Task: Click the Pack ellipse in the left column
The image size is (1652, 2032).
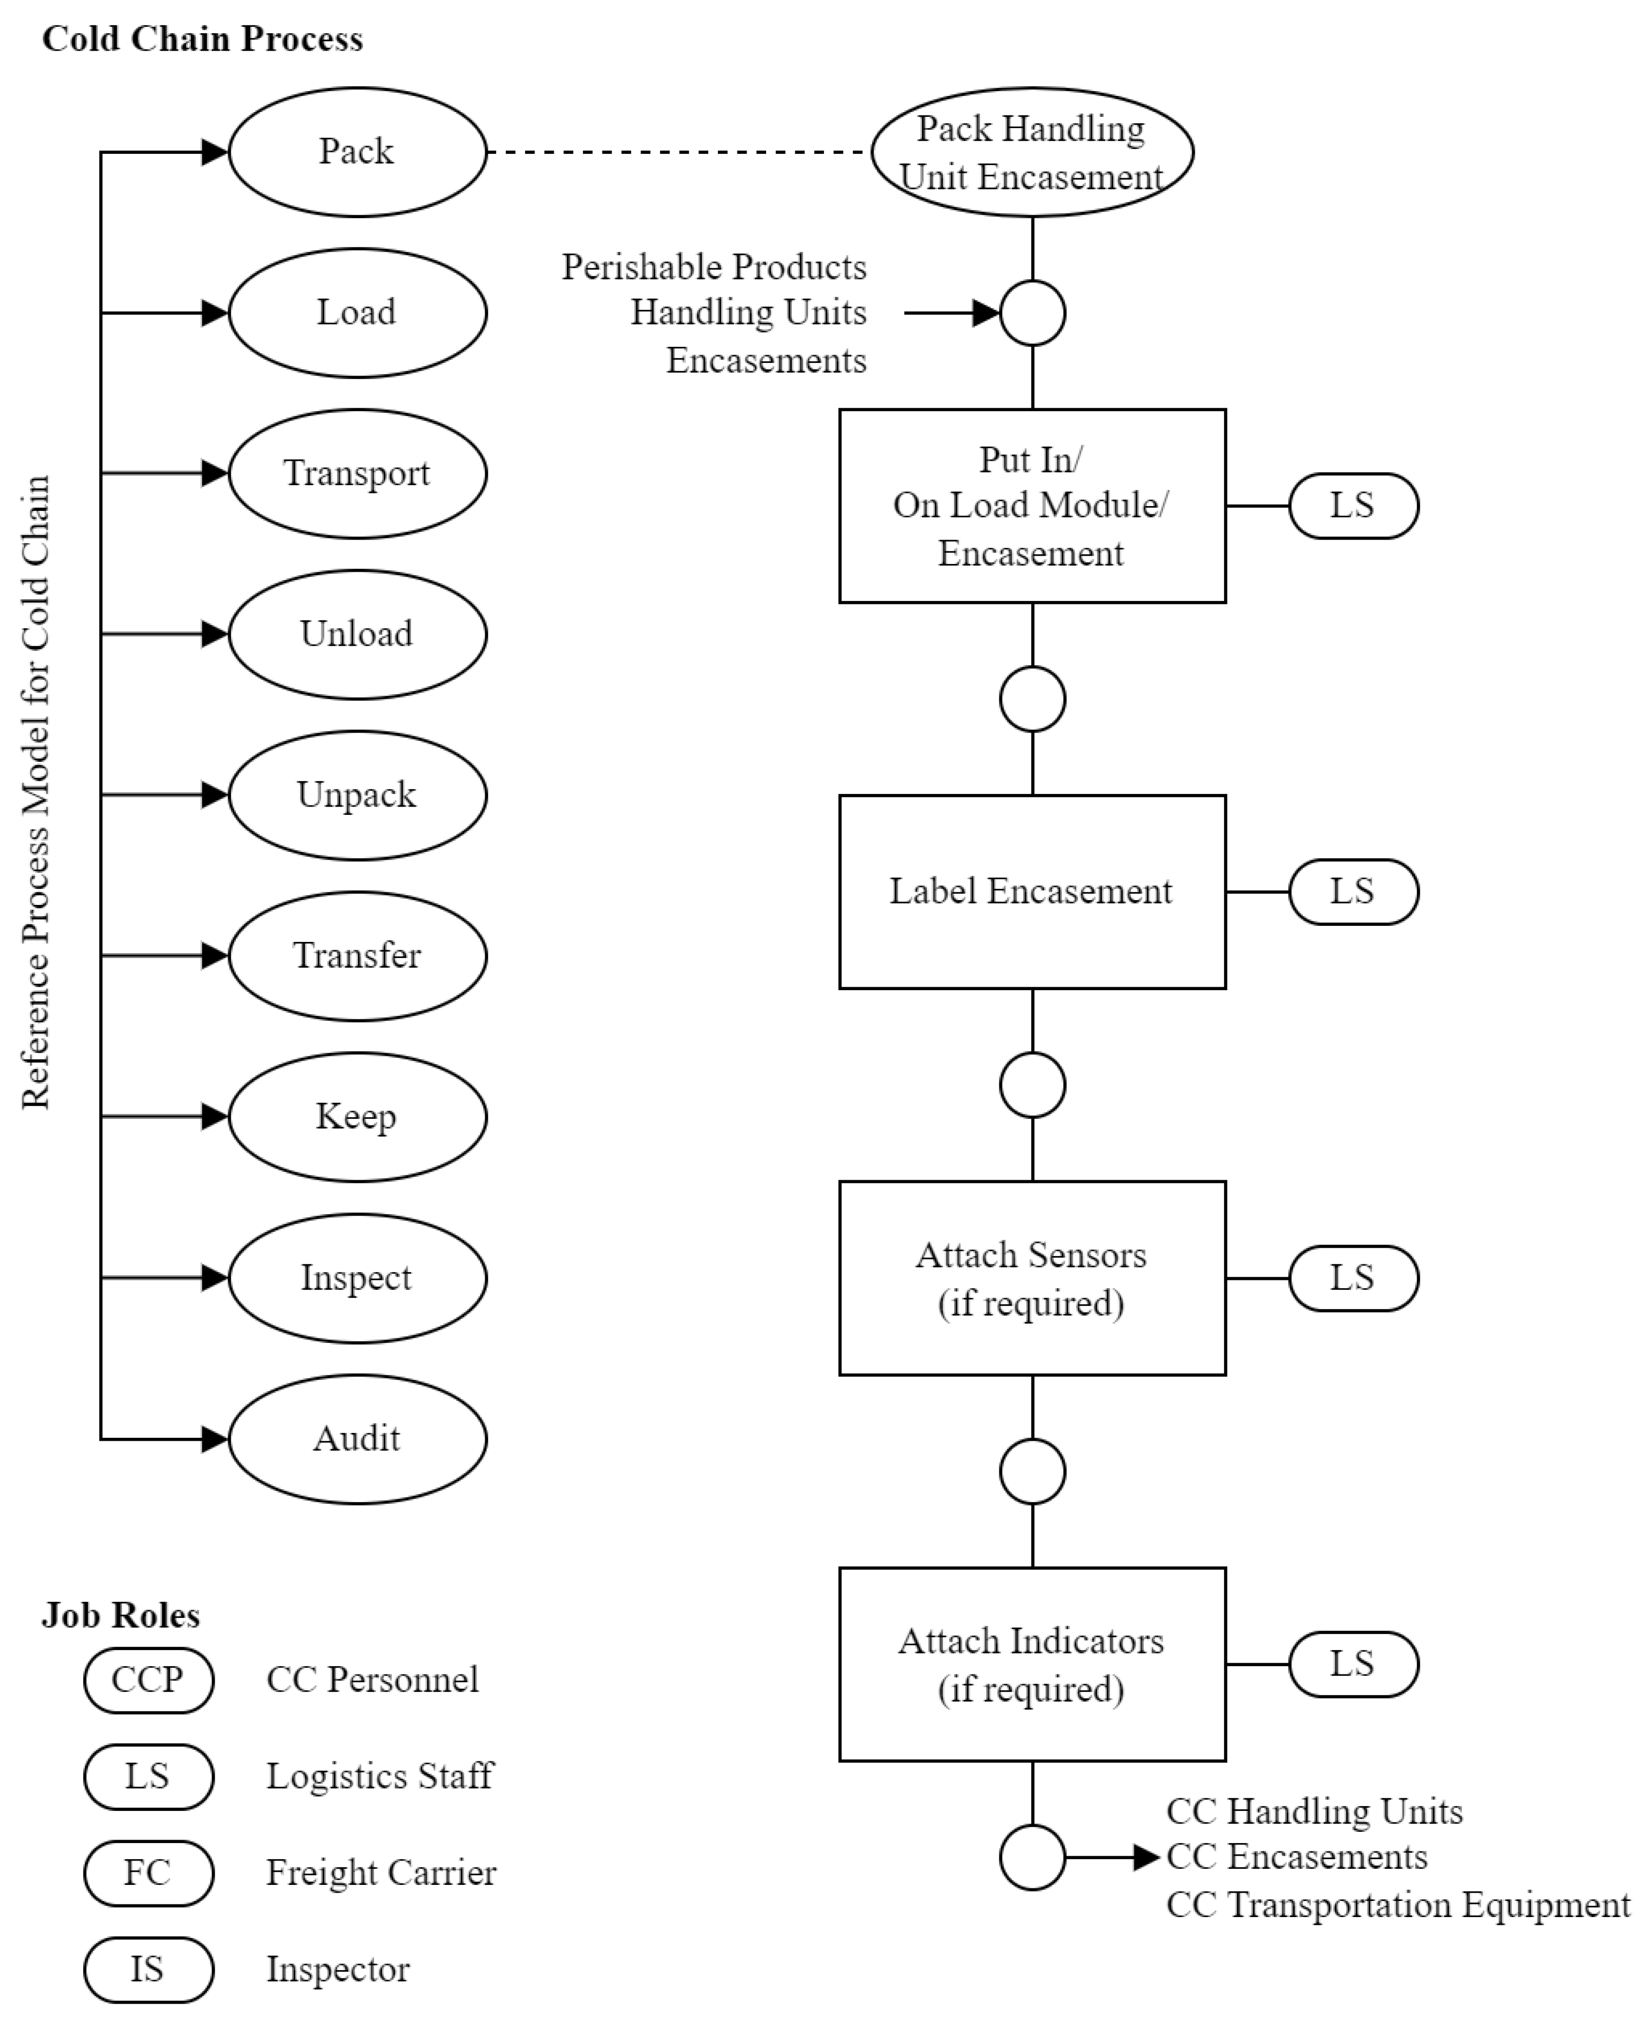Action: pos(357,151)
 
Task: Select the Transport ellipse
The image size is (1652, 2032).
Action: pos(357,473)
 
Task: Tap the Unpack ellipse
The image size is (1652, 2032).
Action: pos(357,795)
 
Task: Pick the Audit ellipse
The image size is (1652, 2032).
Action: pos(357,1438)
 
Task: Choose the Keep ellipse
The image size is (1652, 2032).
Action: pos(357,1116)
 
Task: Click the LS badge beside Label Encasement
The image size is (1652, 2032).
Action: pos(1353,892)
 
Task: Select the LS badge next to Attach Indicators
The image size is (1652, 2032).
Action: pos(1353,1665)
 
